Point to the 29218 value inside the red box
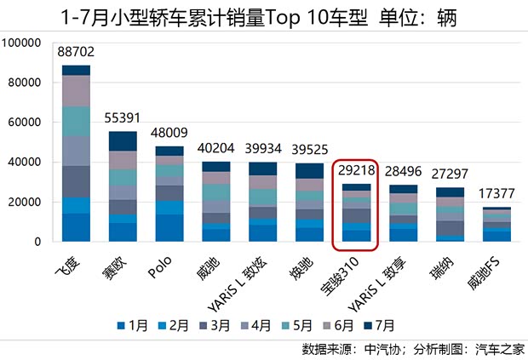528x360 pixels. point(350,171)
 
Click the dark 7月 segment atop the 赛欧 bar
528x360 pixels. point(122,141)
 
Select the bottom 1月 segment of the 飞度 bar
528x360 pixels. point(76,227)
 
